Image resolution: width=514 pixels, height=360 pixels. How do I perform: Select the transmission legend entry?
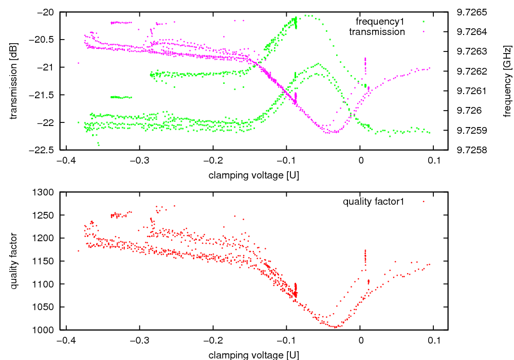pyautogui.click(x=377, y=32)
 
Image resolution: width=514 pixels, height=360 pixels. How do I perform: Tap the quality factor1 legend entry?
pyautogui.click(x=374, y=202)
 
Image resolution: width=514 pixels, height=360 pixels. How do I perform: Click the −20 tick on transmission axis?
pyautogui.click(x=47, y=12)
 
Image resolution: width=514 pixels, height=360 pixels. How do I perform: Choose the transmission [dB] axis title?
pyautogui.click(x=14, y=81)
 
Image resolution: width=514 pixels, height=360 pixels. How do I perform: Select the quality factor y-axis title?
pyautogui.click(x=14, y=261)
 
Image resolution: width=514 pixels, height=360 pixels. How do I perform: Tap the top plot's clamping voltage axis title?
pyautogui.click(x=254, y=175)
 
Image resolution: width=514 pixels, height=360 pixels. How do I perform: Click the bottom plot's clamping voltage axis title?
pyautogui.click(x=254, y=355)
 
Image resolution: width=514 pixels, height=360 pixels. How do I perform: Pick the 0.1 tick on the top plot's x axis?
pyautogui.click(x=433, y=160)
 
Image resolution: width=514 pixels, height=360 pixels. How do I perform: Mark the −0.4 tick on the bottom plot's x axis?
pyautogui.click(x=65, y=340)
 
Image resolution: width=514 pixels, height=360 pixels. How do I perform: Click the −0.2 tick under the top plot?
pyautogui.click(x=213, y=160)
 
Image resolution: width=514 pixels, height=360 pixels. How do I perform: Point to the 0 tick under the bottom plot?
pyautogui.click(x=360, y=340)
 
